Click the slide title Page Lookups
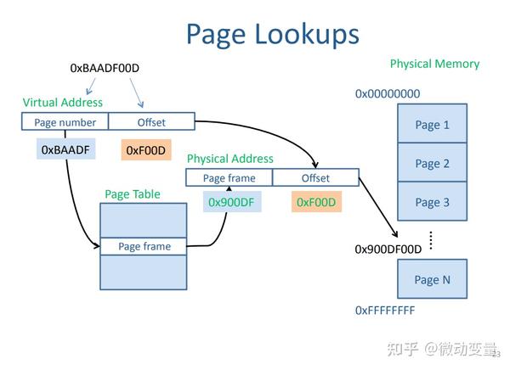(x=272, y=34)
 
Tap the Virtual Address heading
(x=63, y=103)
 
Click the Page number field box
(x=65, y=122)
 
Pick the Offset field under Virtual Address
(x=151, y=122)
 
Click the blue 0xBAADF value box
(x=65, y=150)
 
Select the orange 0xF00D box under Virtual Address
(x=147, y=150)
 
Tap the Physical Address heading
(x=229, y=159)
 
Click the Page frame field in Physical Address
(x=229, y=178)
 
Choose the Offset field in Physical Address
(x=315, y=178)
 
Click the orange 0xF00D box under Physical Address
(x=316, y=202)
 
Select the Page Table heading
(x=132, y=194)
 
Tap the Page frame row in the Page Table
(x=144, y=247)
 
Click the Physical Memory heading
(x=434, y=64)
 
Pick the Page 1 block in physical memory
(x=432, y=125)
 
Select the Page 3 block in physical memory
(x=432, y=202)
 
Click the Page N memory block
(x=432, y=279)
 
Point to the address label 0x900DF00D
(x=388, y=249)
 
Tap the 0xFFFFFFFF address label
(x=385, y=311)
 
